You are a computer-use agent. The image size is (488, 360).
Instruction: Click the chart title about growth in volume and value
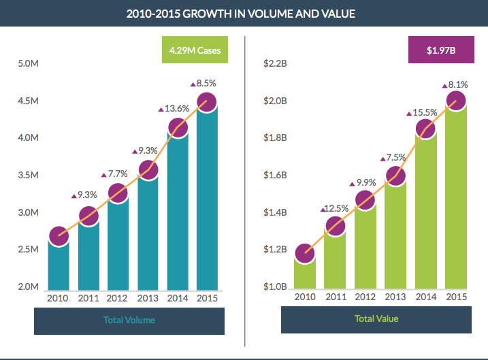coord(244,14)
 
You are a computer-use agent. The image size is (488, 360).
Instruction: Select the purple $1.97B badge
coord(441,50)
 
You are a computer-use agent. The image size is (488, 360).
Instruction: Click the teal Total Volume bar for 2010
coord(59,265)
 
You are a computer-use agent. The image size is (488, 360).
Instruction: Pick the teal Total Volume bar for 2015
coord(207,204)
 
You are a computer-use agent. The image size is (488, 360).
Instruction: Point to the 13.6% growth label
coord(175,108)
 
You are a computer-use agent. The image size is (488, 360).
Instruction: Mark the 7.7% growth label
coord(116,175)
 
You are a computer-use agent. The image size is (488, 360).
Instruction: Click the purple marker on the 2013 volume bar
coord(148,169)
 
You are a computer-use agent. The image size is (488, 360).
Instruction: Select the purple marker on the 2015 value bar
coord(456,101)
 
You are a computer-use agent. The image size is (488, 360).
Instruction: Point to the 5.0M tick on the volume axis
coord(28,64)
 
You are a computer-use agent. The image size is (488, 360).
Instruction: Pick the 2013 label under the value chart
coord(395,297)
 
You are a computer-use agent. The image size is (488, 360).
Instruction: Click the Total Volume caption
coord(129,320)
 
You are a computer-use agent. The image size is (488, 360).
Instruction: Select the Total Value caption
coord(376,318)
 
